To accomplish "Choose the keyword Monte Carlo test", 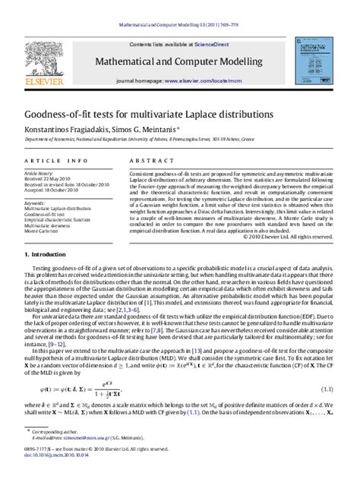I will (42, 232).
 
